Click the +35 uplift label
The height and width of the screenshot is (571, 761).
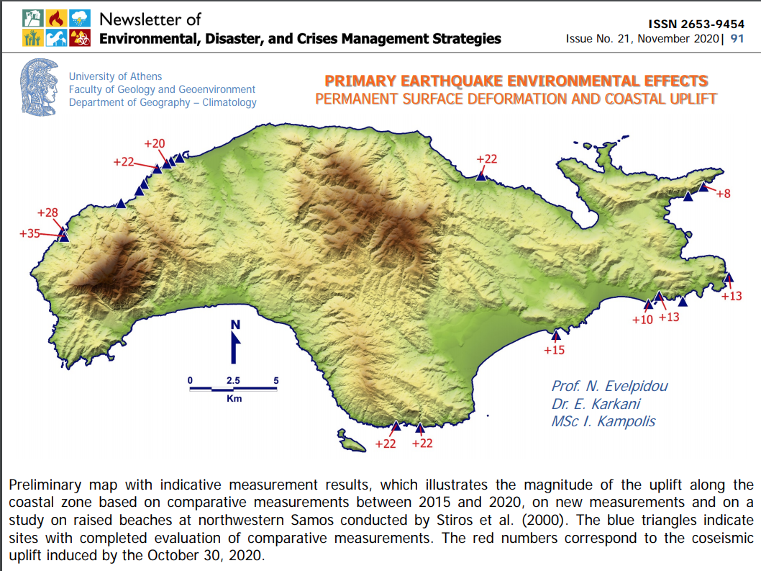click(x=30, y=233)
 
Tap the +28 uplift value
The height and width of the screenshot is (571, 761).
click(x=47, y=213)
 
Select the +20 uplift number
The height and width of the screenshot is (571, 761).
click(x=154, y=144)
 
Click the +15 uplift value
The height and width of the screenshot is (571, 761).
click(x=554, y=351)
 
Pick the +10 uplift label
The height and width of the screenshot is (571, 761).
click(x=642, y=319)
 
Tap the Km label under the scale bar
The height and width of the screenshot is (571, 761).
click(x=233, y=398)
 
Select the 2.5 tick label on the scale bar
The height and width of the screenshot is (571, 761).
click(x=233, y=379)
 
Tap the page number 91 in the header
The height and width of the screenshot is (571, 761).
click(x=737, y=39)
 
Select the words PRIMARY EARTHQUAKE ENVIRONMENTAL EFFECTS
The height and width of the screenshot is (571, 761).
click(x=516, y=81)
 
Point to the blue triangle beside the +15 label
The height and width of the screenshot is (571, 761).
click(x=555, y=335)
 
